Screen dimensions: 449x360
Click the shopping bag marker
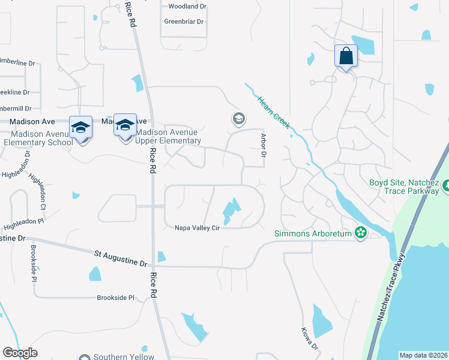(346, 56)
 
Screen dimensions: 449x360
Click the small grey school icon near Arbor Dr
(238, 119)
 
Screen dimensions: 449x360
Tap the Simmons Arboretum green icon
(360, 232)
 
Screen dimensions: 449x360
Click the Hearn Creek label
(274, 112)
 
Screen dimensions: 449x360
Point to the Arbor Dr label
(263, 146)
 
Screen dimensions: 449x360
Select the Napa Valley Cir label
(198, 228)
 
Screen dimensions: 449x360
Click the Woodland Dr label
(187, 7)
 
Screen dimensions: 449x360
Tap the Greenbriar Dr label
(184, 22)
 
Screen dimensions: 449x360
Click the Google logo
(20, 353)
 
